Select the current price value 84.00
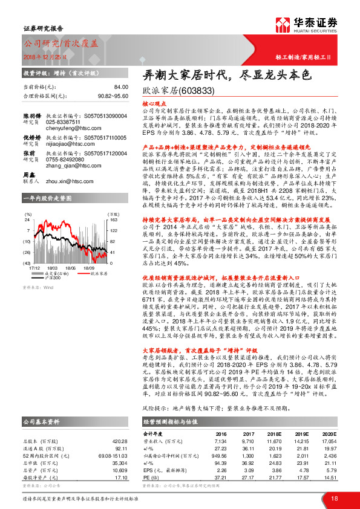point(121,87)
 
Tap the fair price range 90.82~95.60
point(113,96)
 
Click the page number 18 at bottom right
point(334,498)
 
